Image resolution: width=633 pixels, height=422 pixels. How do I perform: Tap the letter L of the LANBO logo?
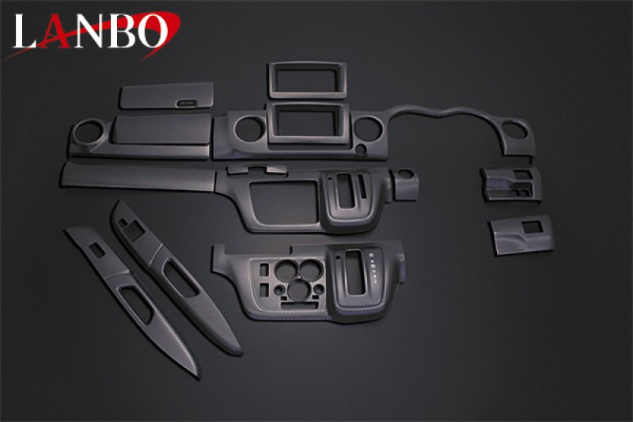click(25, 33)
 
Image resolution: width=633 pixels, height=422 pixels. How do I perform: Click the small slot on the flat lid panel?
click(188, 101)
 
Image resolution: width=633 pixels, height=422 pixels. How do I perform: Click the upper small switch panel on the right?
click(510, 184)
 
